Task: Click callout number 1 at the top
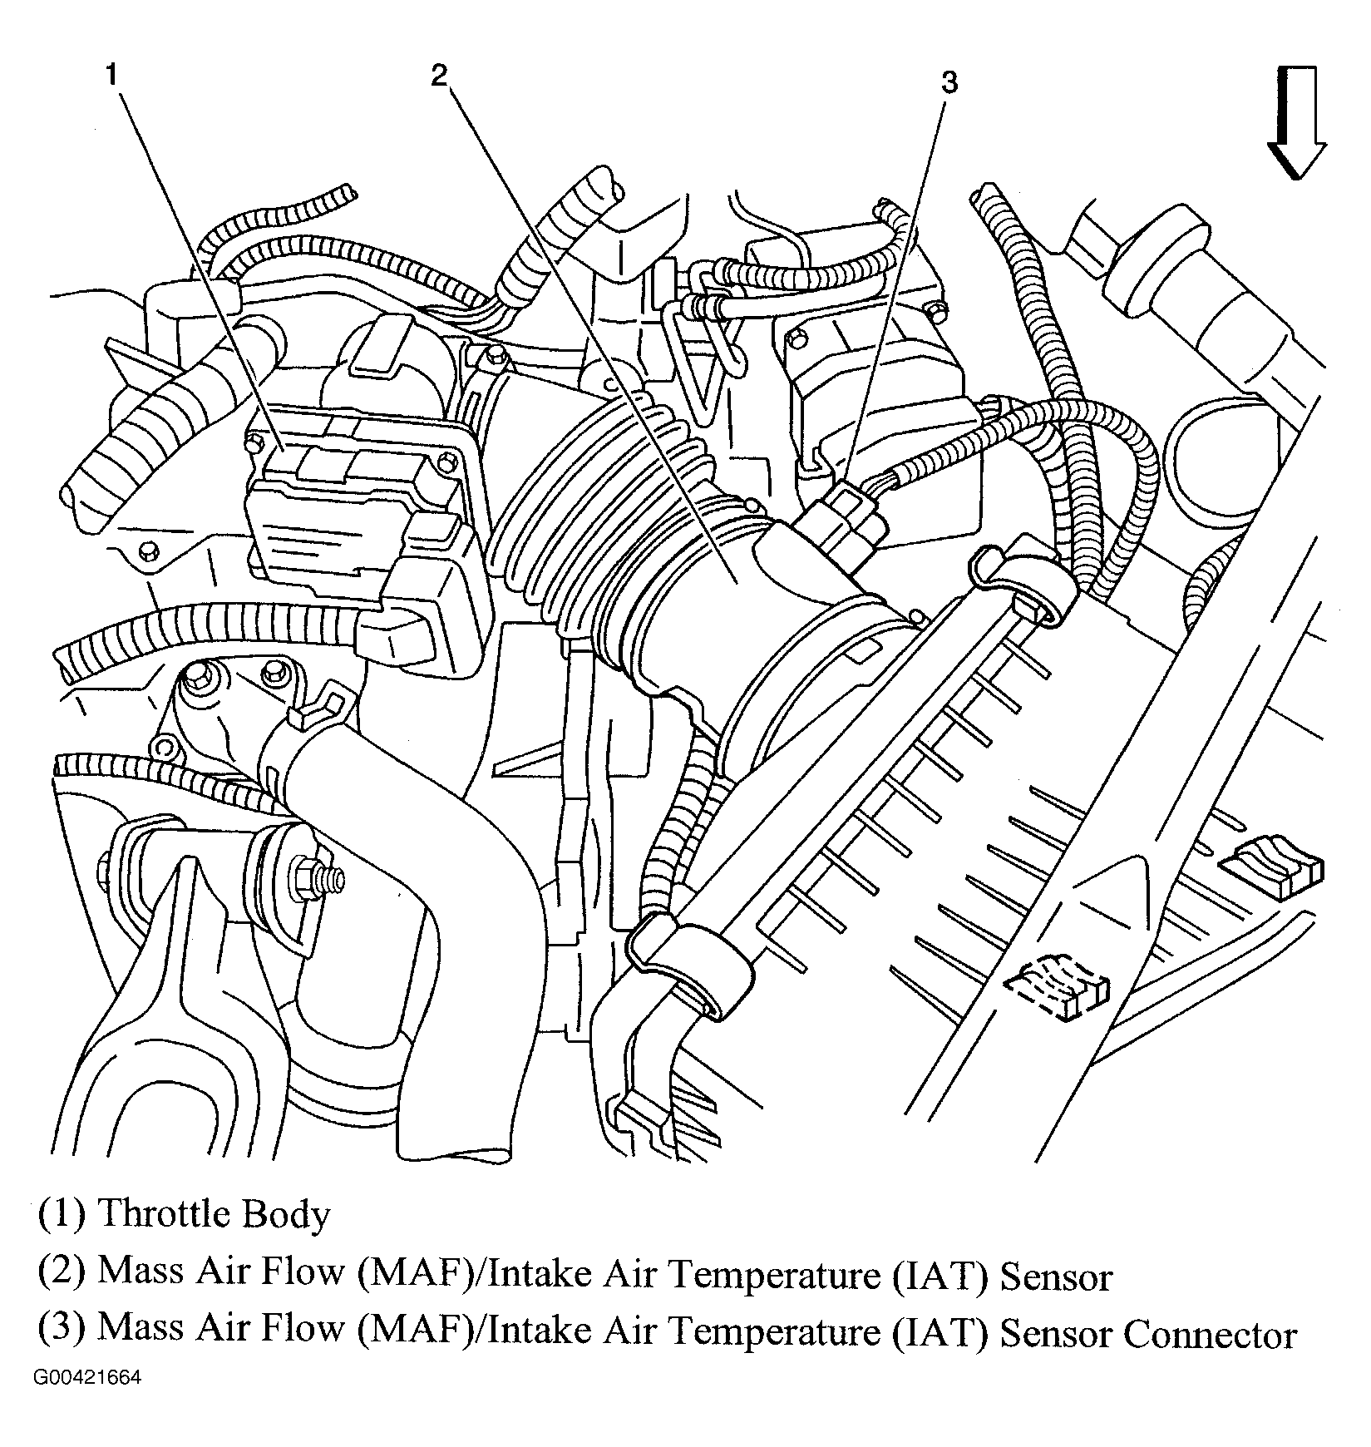[x=111, y=77]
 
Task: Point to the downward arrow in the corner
[x=1295, y=122]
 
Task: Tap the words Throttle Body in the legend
[x=214, y=1215]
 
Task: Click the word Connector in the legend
[x=1210, y=1336]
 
